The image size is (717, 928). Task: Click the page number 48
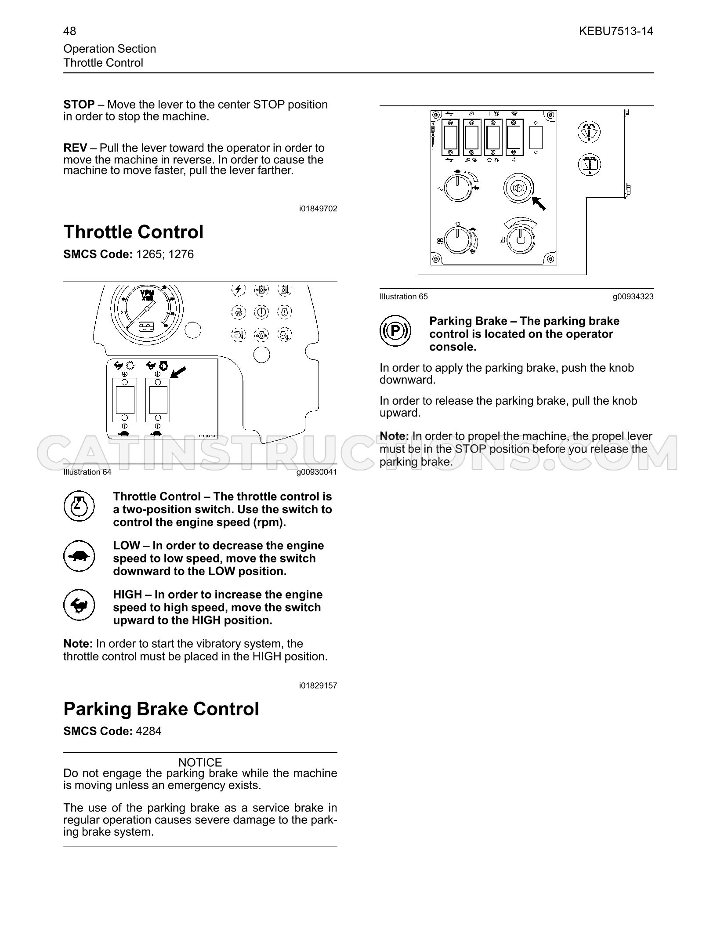coord(69,31)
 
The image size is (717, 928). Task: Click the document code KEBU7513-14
coord(616,31)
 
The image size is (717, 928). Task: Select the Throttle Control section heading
coord(134,232)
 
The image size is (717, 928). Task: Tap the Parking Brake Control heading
coord(161,709)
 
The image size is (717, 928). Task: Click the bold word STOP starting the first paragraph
coord(79,105)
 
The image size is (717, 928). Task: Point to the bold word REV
coord(75,148)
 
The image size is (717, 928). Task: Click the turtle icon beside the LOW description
coord(79,556)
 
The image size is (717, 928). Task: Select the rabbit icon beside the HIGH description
coord(79,605)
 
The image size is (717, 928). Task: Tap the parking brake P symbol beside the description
coord(395,330)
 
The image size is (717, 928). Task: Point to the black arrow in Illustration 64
coord(178,372)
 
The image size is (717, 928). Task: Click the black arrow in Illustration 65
coord(539,203)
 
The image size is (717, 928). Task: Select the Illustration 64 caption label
coord(87,472)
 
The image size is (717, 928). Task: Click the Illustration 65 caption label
coord(404,297)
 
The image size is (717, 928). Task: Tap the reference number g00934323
coord(633,297)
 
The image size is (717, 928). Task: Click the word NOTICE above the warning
coord(200,762)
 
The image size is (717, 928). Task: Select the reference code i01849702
coord(318,209)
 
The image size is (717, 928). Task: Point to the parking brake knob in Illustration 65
coord(518,188)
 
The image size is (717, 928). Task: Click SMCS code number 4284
coord(148,731)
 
